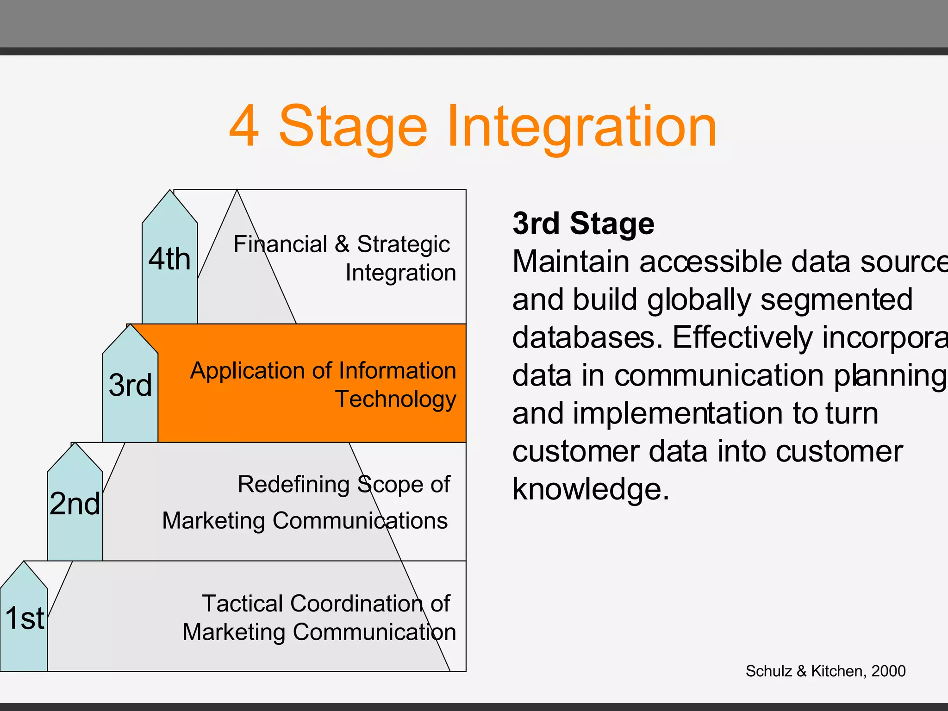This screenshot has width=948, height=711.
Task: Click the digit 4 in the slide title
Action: (244, 126)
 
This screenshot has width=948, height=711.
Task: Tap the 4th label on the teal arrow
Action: (169, 259)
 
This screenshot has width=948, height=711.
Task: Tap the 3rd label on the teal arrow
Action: (130, 385)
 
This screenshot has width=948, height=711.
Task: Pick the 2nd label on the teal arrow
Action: (75, 504)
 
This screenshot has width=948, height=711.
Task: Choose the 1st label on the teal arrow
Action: (25, 618)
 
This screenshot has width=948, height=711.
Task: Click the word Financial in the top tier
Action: (280, 244)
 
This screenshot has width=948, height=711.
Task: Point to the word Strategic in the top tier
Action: (403, 244)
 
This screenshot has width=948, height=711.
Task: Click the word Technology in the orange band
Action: (396, 399)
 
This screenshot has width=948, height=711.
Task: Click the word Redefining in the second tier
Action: (293, 485)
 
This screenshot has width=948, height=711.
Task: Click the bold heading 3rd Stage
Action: (583, 224)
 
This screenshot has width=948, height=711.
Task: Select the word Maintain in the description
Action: (571, 262)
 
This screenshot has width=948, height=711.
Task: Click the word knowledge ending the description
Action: (590, 490)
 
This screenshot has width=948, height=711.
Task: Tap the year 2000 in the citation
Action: (888, 671)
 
